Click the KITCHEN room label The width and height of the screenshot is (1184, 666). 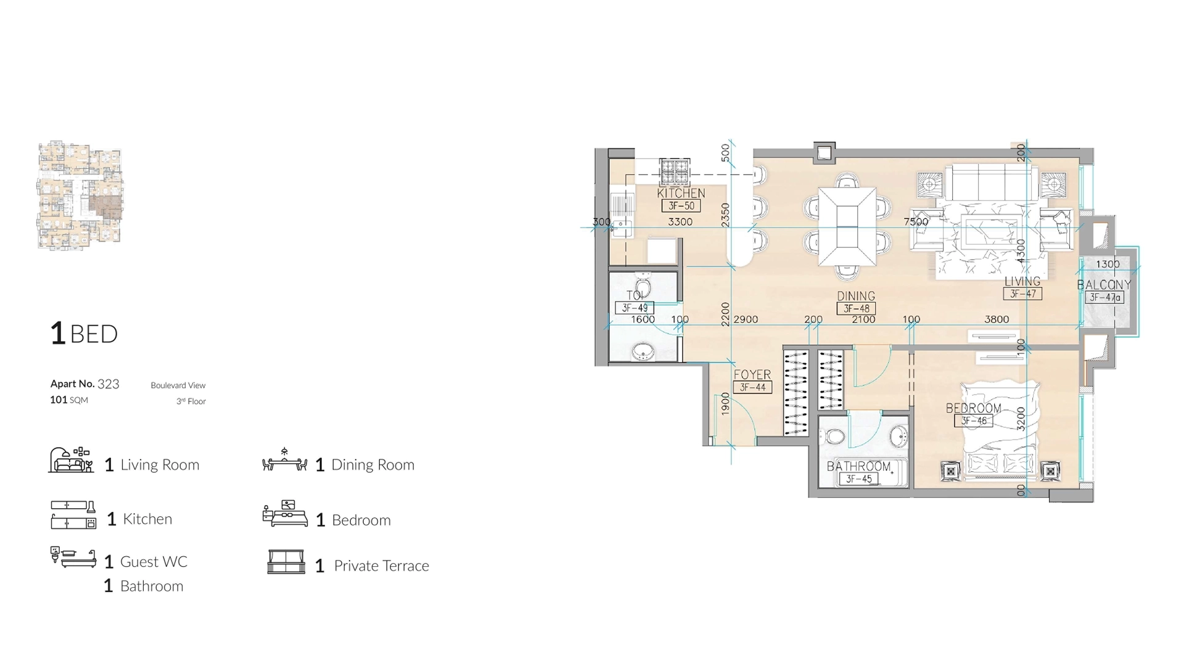[x=681, y=193]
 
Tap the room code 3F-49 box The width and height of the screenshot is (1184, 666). [x=634, y=308]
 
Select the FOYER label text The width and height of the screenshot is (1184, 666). [x=752, y=374]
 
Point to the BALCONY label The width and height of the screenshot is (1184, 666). [x=1104, y=285]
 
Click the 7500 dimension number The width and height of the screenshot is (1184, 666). [x=915, y=221]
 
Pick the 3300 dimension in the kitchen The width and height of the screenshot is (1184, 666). [x=680, y=221]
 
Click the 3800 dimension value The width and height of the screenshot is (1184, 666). [x=997, y=319]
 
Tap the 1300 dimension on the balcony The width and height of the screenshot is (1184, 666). [x=1108, y=264]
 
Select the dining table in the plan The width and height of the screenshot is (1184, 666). [x=847, y=226]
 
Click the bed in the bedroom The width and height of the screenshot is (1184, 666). [x=999, y=429]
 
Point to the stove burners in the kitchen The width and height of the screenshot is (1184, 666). [x=674, y=171]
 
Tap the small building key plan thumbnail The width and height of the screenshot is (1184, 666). [x=80, y=195]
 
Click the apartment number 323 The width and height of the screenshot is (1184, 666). [x=108, y=384]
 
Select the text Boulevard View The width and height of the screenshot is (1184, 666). [x=178, y=385]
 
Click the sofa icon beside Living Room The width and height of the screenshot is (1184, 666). [x=71, y=461]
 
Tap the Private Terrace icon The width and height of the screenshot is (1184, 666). [x=286, y=562]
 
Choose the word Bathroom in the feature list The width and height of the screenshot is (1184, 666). [x=151, y=586]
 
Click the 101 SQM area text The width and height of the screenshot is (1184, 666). [x=69, y=400]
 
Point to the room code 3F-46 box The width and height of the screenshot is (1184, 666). [x=974, y=421]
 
